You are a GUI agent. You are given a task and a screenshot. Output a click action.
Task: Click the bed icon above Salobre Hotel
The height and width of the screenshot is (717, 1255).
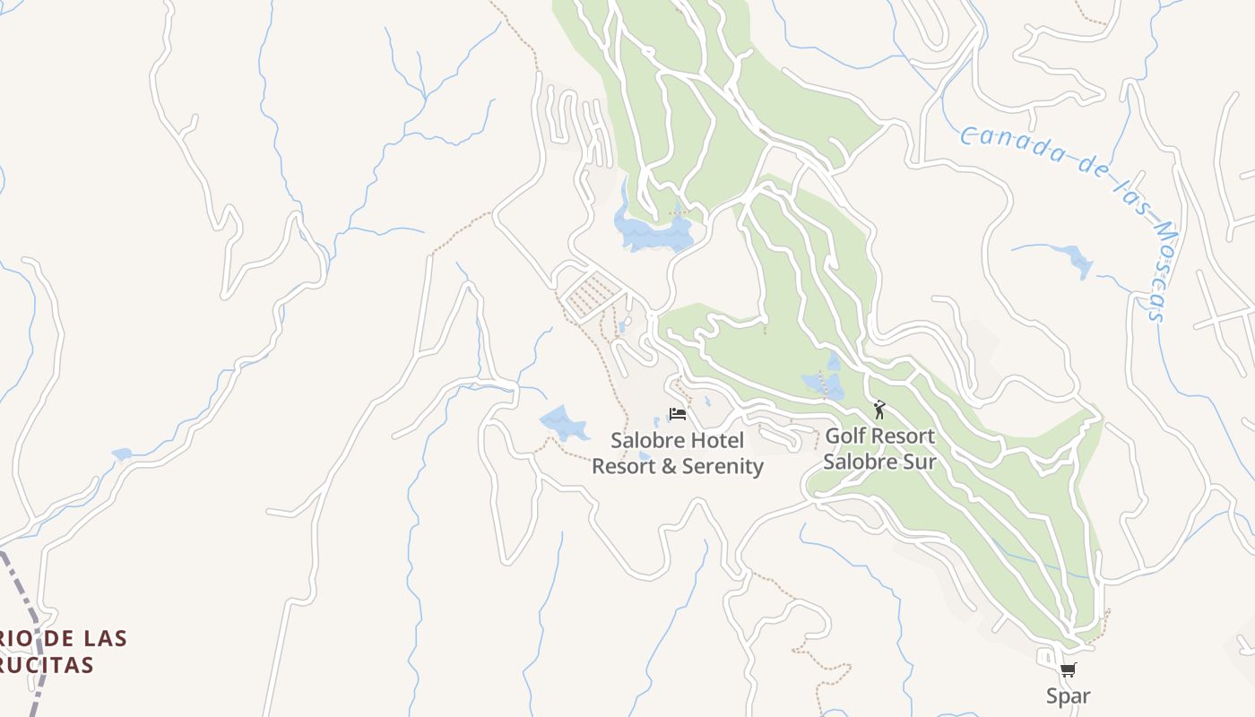678,414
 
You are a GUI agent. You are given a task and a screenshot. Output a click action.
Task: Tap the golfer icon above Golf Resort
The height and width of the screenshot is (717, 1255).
879,410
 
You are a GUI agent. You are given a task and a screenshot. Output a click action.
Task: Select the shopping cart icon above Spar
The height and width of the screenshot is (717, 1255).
1068,669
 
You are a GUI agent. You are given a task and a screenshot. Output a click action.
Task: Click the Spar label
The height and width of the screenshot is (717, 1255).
1068,695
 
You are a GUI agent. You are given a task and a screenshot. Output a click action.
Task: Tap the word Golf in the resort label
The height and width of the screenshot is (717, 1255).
845,436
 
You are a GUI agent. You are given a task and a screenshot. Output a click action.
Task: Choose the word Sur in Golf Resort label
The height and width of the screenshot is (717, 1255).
920,462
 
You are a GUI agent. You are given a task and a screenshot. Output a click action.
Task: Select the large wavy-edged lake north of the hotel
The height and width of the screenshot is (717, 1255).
653,232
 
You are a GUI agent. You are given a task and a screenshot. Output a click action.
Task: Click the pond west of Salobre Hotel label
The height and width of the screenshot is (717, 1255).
562,423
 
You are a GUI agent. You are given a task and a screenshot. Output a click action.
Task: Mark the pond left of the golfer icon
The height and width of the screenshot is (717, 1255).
826,384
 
